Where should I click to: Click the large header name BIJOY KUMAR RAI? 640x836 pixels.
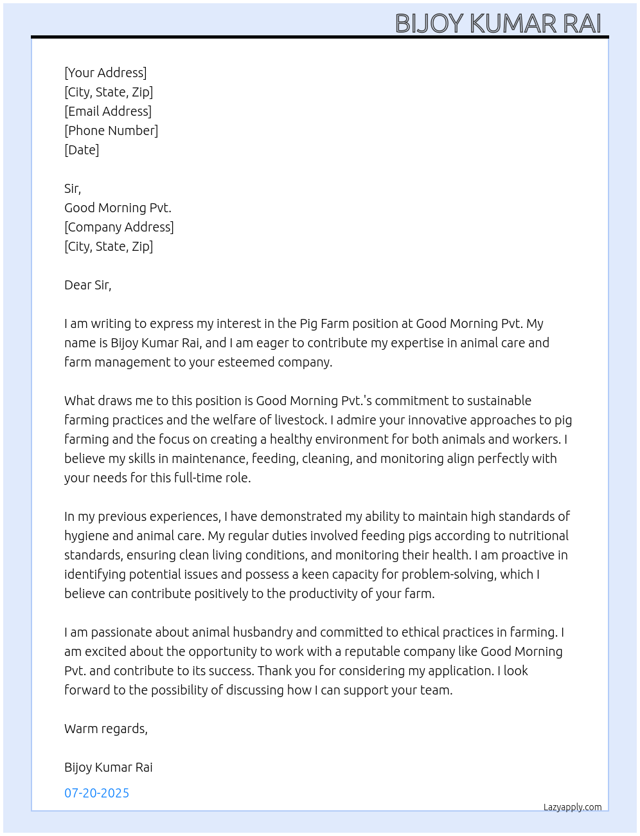tap(498, 23)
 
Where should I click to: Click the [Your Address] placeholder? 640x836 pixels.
tap(105, 73)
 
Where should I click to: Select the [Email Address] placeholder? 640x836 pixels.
tap(108, 111)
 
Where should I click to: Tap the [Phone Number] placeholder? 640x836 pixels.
tap(111, 131)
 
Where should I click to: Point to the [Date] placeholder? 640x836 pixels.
tap(82, 150)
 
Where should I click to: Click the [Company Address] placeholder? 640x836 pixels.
tap(119, 227)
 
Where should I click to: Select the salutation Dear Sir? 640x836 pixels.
tap(87, 285)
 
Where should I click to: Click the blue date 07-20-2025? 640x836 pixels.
tap(96, 793)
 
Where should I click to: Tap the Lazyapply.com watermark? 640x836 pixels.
tap(573, 807)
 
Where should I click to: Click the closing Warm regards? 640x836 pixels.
tap(106, 729)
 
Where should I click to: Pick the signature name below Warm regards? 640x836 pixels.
tap(108, 767)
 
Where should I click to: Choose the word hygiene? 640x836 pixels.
tap(87, 536)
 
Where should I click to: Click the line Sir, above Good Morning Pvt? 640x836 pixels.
tap(73, 188)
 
